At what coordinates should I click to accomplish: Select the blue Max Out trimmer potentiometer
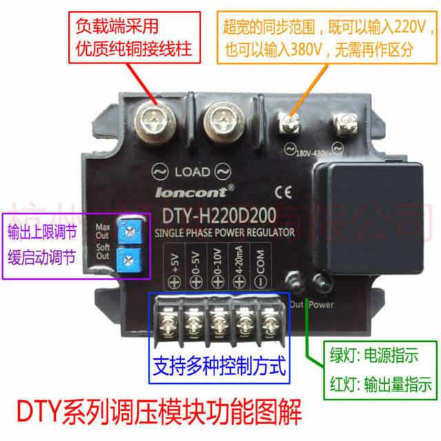click(x=125, y=233)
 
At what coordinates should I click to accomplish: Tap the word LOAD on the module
click(x=188, y=171)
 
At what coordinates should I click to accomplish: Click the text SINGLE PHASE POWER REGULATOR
click(x=225, y=232)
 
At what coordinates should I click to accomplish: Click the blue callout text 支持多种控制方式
click(x=218, y=363)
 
